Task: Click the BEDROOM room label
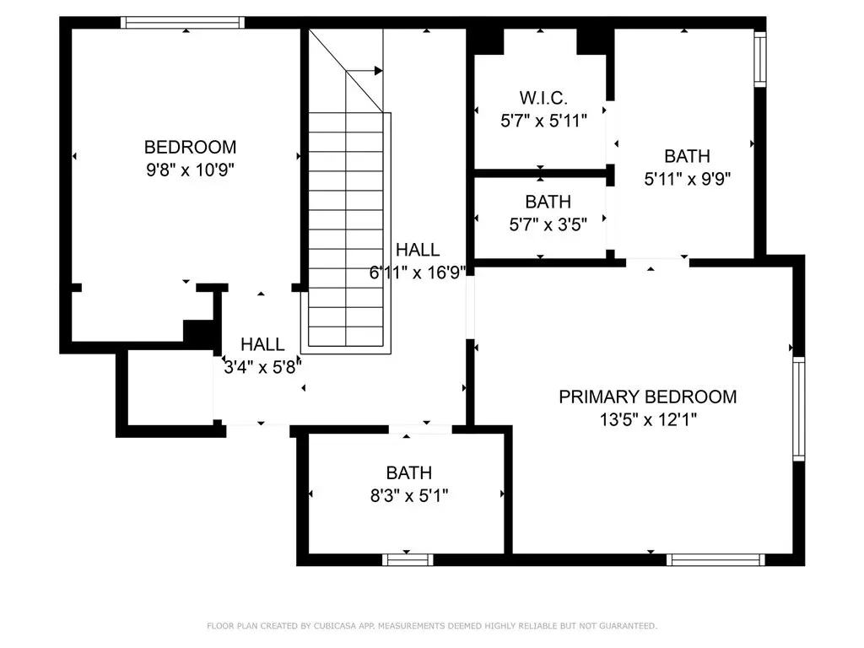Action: pos(190,147)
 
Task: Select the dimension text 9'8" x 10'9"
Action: pos(190,170)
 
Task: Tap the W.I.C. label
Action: pos(543,98)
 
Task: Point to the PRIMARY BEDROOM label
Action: pos(647,397)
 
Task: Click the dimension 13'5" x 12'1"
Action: pos(648,420)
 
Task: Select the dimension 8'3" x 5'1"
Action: pos(409,496)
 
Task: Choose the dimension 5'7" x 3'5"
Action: pos(548,224)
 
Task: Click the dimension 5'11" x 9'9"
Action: pos(687,179)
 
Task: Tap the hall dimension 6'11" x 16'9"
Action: pos(418,273)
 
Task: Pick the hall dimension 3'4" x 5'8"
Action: pos(263,366)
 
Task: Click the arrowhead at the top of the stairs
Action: pos(379,71)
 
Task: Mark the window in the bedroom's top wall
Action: pos(182,23)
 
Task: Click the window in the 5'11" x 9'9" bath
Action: pos(760,59)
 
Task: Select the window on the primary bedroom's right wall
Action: pos(799,408)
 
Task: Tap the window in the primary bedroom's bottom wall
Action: pos(715,560)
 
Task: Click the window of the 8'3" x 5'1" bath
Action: pos(408,560)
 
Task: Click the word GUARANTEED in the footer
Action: pos(628,626)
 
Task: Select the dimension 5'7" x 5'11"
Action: pos(543,121)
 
